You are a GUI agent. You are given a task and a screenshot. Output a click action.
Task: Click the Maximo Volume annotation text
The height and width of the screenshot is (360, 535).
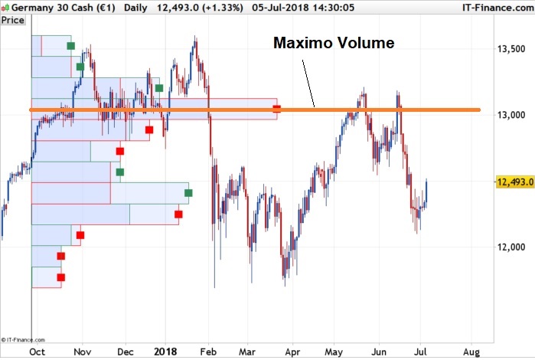[x=334, y=43]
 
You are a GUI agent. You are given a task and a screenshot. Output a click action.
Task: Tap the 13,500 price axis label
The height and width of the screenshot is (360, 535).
[x=511, y=49]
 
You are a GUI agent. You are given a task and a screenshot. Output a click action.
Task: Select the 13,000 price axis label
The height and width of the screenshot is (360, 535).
[x=511, y=115]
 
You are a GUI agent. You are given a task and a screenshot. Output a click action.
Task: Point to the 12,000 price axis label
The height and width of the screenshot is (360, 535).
[x=511, y=247]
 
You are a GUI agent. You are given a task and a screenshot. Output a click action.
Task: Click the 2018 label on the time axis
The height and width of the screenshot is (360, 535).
[x=165, y=352]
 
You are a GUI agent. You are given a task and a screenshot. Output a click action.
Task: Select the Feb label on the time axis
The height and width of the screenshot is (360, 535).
[x=207, y=352]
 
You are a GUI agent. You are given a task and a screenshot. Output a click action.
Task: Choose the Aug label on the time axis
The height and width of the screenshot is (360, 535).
[x=471, y=352]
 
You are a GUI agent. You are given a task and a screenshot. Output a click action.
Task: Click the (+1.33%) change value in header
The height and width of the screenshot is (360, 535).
[x=222, y=7]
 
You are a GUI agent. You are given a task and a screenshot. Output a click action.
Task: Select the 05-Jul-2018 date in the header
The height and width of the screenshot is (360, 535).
[x=285, y=7]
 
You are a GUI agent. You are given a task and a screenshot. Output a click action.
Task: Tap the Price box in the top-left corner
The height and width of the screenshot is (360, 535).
[x=13, y=20]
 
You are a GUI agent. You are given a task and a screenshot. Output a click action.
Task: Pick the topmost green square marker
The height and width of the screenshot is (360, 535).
[x=71, y=46]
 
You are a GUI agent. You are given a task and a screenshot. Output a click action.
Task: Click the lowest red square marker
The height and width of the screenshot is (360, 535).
[x=61, y=277]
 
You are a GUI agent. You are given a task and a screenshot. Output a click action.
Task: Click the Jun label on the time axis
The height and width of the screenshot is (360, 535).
[x=378, y=352]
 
